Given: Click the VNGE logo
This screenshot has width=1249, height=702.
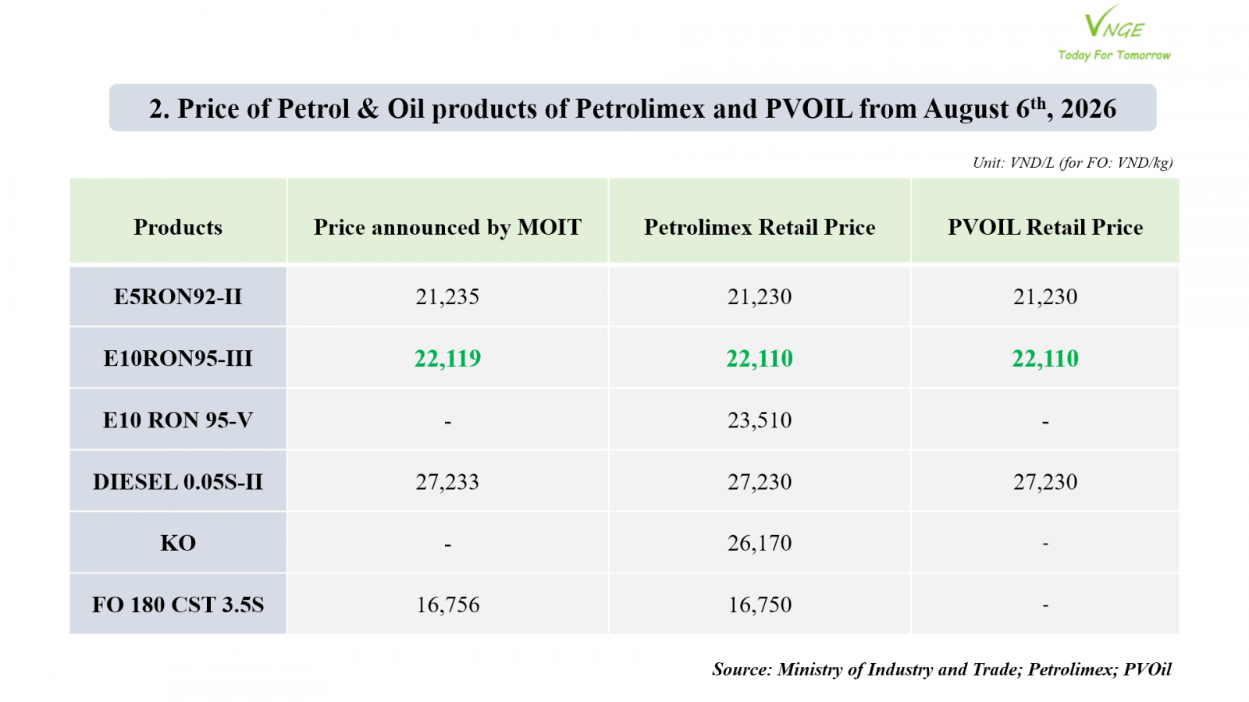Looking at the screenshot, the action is [x=1114, y=23].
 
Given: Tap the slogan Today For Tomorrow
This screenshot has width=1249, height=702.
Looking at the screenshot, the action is [x=1114, y=55].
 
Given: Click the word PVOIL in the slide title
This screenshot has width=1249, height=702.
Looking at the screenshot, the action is [x=809, y=108].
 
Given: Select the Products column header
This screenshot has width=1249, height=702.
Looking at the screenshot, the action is [x=178, y=227].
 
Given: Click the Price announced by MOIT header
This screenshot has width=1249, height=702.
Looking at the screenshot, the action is [x=447, y=227].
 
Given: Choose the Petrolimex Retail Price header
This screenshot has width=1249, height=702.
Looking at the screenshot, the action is [x=760, y=227].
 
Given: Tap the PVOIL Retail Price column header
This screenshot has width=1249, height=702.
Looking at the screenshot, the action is [x=1045, y=227].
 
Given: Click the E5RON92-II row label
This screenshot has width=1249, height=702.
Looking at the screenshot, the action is [x=178, y=296].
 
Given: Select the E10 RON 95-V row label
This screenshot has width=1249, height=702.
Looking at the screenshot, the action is [x=178, y=420].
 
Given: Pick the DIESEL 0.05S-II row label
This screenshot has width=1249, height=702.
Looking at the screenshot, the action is [x=178, y=482].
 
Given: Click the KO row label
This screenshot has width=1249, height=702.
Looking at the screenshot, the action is [x=178, y=543].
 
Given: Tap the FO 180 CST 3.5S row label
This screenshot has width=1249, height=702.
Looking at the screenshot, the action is [x=178, y=605].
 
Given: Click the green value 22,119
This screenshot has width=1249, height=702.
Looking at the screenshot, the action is [x=447, y=359].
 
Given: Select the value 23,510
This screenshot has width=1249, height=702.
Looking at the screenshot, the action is [x=760, y=420].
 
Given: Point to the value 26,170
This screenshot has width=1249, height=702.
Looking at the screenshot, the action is [x=760, y=543].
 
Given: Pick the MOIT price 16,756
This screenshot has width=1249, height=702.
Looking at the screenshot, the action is [x=447, y=605].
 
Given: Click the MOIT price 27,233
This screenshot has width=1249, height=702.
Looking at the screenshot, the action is [x=447, y=482].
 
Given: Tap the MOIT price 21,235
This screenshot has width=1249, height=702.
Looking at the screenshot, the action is [x=447, y=297].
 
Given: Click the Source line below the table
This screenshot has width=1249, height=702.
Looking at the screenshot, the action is [x=941, y=669].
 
